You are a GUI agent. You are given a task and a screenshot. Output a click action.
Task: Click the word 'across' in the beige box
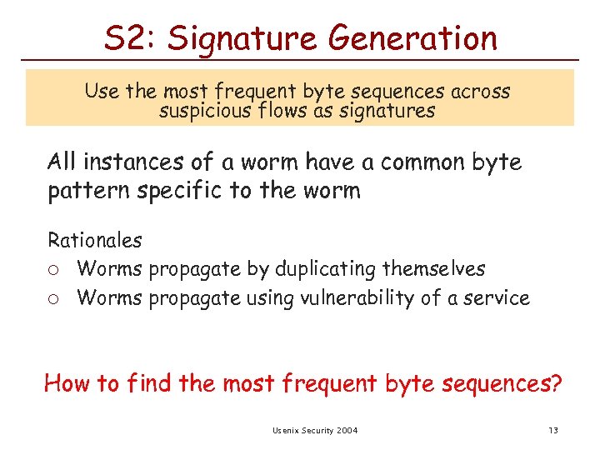478,91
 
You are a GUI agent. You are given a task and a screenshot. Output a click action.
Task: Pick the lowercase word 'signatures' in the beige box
388,110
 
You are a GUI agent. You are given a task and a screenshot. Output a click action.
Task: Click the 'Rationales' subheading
94,241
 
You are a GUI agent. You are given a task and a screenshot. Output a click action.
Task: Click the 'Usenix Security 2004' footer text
315,430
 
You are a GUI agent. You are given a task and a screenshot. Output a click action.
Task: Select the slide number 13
552,430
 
